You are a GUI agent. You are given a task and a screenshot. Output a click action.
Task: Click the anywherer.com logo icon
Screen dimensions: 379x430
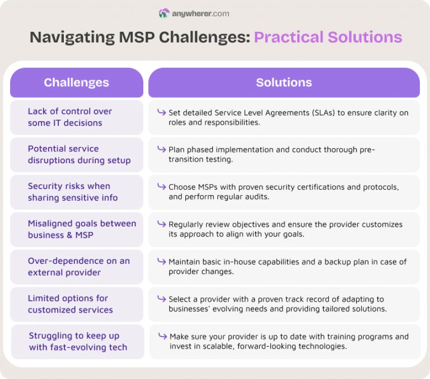coord(164,13)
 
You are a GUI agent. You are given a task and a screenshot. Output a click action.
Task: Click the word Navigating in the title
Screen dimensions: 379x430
coord(72,37)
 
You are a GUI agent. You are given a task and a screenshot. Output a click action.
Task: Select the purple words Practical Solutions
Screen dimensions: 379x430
coord(328,37)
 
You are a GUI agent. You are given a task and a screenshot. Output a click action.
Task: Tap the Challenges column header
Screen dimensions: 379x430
coord(77,83)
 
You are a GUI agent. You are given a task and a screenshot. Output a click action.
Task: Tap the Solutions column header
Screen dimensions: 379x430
coord(284,83)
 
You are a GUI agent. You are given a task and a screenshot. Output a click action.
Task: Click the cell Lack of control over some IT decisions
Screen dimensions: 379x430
coord(77,117)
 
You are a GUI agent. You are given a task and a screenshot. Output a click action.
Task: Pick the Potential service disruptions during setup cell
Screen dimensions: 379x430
coord(77,155)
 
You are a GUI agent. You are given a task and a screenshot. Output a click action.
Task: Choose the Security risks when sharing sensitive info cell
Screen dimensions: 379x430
coord(77,192)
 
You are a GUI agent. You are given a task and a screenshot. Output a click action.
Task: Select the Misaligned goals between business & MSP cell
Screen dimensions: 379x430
coord(77,229)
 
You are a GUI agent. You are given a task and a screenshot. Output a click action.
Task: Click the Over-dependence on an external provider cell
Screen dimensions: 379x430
coord(77,267)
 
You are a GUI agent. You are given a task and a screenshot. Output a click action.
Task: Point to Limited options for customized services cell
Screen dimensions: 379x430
coord(77,304)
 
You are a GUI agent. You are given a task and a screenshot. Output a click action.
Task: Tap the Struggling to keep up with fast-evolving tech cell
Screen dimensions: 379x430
coord(78,342)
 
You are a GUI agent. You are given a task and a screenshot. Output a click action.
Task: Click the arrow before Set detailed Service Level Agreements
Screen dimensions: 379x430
coord(161,112)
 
